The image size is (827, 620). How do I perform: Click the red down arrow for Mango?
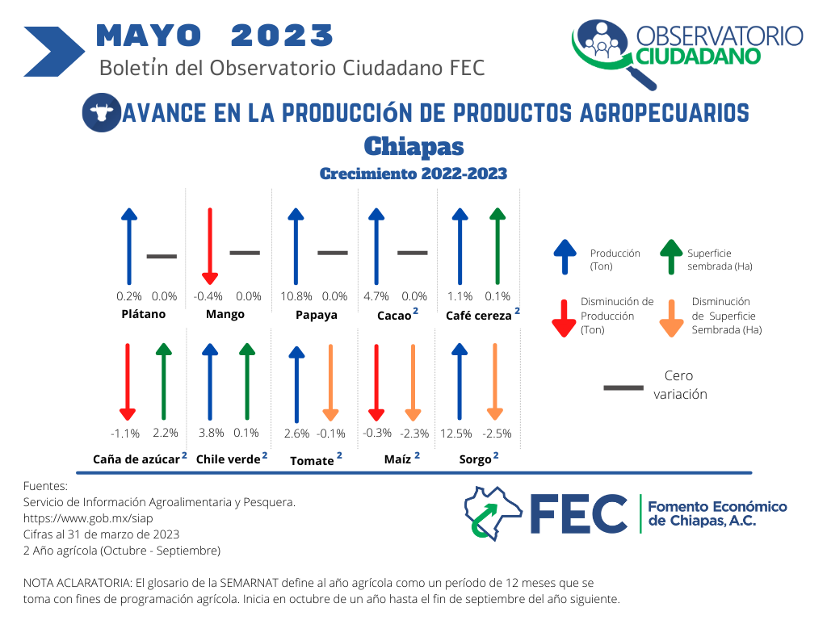click(x=210, y=246)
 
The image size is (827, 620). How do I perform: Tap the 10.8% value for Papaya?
click(x=296, y=296)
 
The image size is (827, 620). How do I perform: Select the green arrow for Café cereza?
click(x=497, y=246)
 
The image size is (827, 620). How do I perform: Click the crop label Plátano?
click(x=144, y=314)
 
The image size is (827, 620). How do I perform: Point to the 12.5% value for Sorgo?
click(x=456, y=434)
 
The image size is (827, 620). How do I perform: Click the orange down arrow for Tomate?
click(x=330, y=382)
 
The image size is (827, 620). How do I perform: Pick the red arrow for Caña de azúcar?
click(x=127, y=382)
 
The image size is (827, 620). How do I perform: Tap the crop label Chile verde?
click(x=228, y=459)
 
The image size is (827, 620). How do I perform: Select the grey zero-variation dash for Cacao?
click(x=413, y=253)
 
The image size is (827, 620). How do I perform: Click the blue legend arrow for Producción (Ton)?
click(x=565, y=257)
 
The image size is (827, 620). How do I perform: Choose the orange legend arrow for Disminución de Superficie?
click(x=671, y=318)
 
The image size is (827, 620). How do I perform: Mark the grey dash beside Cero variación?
click(x=623, y=387)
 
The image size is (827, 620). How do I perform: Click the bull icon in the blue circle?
click(x=102, y=112)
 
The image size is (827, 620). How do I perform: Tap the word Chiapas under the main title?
click(x=414, y=147)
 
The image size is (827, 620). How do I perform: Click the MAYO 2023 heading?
click(x=215, y=36)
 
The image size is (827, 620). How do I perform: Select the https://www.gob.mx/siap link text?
click(x=88, y=518)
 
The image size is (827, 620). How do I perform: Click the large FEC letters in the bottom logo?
click(x=578, y=513)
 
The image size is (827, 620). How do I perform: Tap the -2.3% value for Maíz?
click(x=414, y=434)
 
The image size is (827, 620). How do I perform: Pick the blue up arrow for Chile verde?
click(x=210, y=382)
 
